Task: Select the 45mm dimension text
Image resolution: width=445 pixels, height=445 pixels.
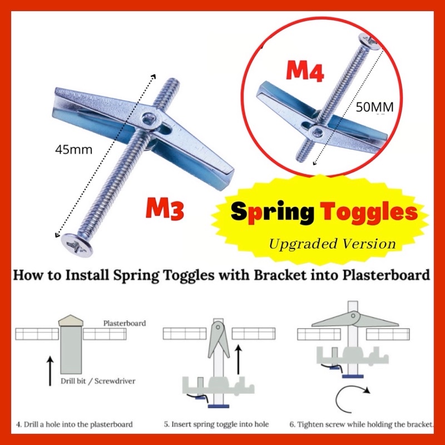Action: click(x=75, y=149)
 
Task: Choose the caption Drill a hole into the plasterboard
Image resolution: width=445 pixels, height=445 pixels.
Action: click(x=74, y=424)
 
